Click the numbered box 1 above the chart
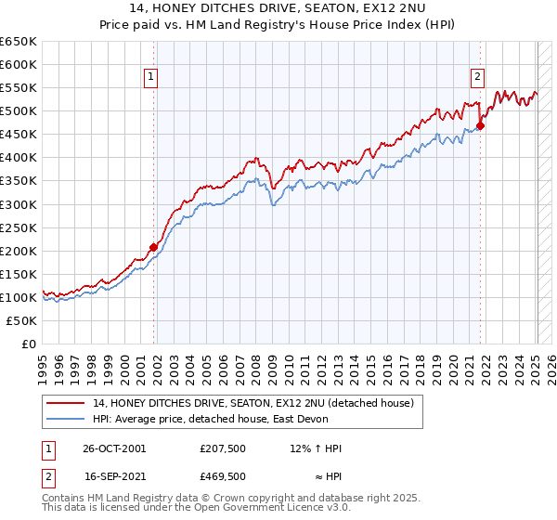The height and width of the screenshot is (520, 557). tap(150, 78)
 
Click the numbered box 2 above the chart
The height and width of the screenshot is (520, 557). tap(477, 78)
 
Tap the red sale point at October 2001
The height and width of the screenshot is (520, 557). tap(153, 247)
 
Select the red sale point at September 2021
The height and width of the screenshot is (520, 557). tap(481, 125)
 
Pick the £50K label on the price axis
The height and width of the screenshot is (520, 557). tap(22, 320)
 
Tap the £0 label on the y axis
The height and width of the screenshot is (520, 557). tap(29, 344)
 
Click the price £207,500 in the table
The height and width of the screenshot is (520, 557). tap(222, 448)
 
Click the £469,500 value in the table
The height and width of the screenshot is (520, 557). tap(222, 475)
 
